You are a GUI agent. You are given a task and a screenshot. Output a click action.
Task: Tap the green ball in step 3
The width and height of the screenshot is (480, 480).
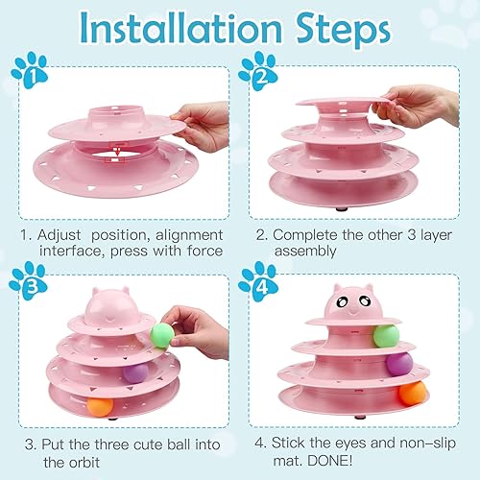pyautogui.click(x=162, y=334)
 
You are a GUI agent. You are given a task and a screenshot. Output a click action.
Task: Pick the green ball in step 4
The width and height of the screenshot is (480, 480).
pyautogui.click(x=386, y=335)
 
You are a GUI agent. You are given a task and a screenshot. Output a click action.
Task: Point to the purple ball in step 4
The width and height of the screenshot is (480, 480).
pyautogui.click(x=398, y=364)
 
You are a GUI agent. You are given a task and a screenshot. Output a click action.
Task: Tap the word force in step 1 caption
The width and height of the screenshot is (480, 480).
pyautogui.click(x=204, y=251)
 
